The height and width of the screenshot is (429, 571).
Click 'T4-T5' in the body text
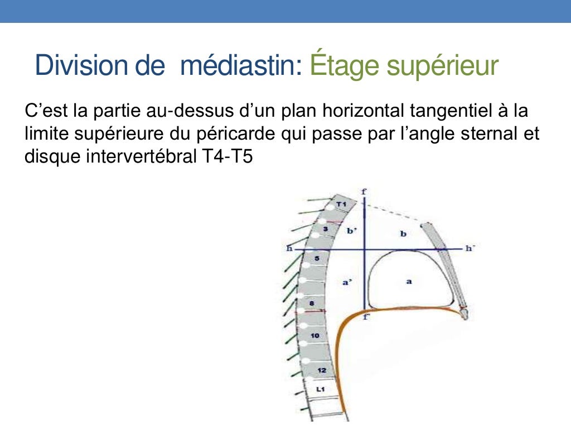pyautogui.click(x=225, y=157)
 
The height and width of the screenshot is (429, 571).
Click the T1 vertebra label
pyautogui.click(x=341, y=205)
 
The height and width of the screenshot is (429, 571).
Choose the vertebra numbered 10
pyautogui.click(x=314, y=336)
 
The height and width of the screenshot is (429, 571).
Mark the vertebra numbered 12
pyautogui.click(x=322, y=370)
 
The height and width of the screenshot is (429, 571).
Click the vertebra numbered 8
pyautogui.click(x=312, y=302)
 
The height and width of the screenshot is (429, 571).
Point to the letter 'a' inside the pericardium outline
pyautogui.click(x=409, y=282)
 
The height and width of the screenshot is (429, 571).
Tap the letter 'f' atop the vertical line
pyautogui.click(x=364, y=192)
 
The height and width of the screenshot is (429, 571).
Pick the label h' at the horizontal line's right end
pyautogui.click(x=470, y=248)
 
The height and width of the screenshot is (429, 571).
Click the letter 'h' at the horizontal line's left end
pyautogui.click(x=289, y=249)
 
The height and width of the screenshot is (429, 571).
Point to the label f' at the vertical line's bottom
pyautogui.click(x=366, y=317)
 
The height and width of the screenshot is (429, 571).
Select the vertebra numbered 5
pyautogui.click(x=316, y=259)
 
